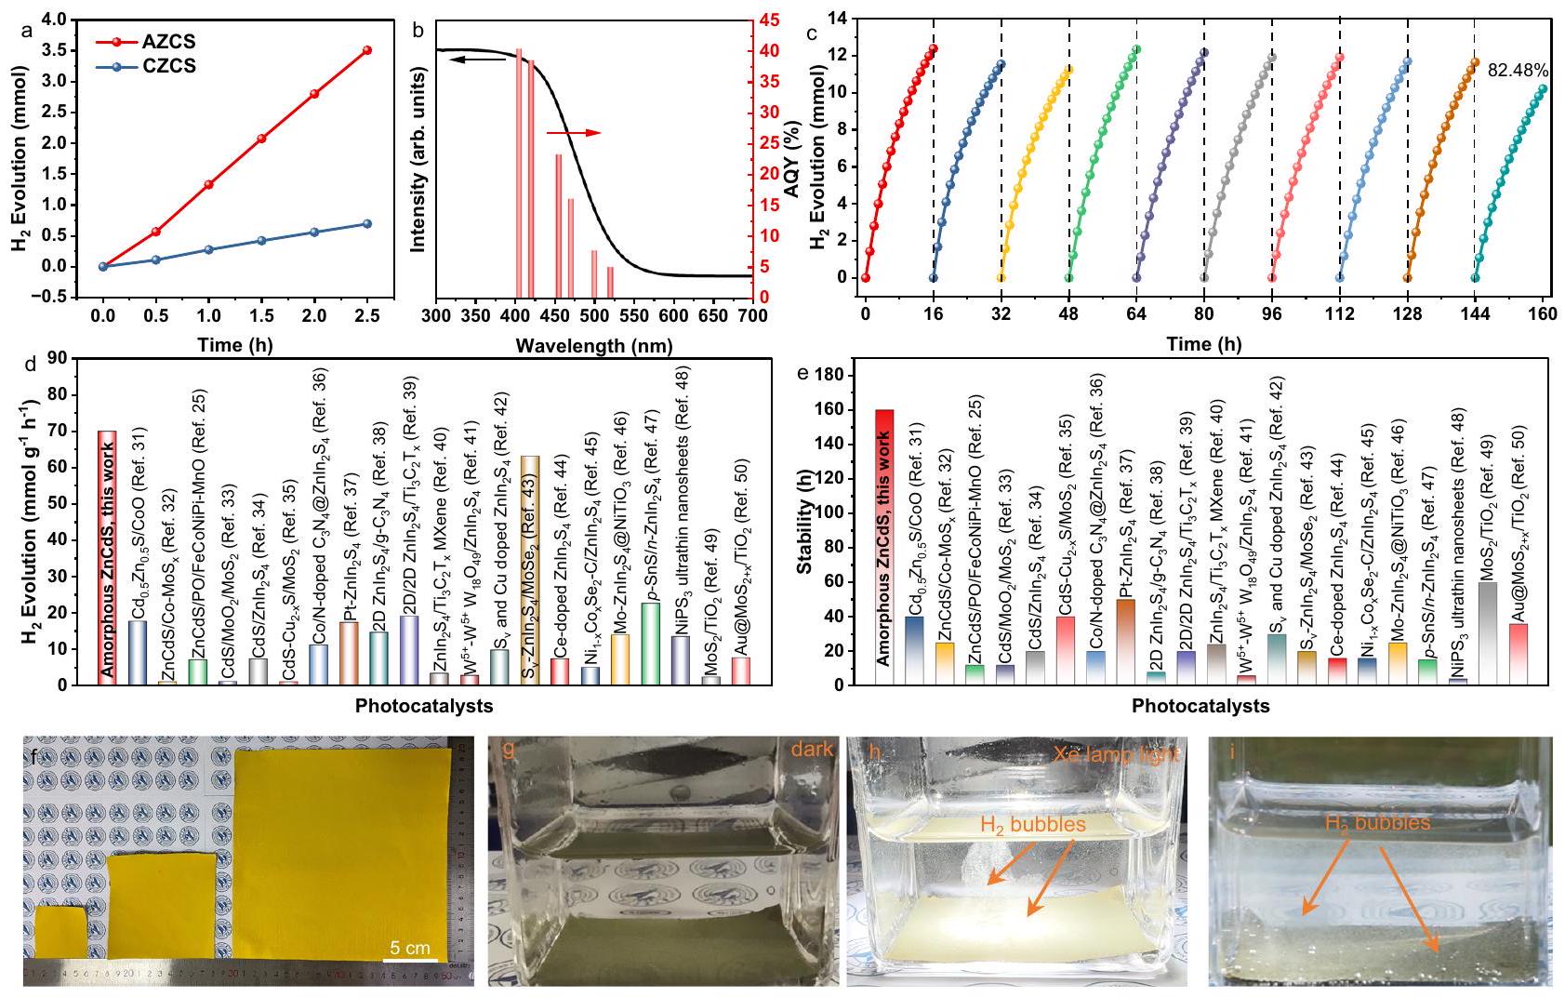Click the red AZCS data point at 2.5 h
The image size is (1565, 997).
(367, 50)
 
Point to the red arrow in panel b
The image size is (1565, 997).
(573, 133)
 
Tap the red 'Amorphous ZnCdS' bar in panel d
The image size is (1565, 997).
(107, 558)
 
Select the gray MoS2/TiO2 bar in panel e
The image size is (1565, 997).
(1488, 633)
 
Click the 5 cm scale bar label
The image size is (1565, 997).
(410, 949)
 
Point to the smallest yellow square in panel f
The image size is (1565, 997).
(61, 931)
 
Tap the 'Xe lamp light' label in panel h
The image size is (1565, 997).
(1117, 754)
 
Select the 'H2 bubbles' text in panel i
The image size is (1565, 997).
(1378, 823)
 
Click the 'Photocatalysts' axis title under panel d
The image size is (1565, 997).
(424, 706)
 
